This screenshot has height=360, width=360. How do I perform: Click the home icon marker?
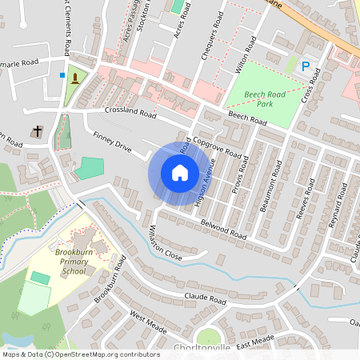tap(179, 173)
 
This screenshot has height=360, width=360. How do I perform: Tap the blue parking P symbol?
tap(306, 67)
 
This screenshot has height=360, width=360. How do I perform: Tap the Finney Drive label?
tap(111, 142)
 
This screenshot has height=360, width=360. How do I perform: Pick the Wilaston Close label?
tap(166, 245)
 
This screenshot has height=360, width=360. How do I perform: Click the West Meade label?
tap(148, 322)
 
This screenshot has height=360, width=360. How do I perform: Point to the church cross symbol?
tap(37, 131)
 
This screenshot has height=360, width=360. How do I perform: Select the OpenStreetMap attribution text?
tap(80, 354)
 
